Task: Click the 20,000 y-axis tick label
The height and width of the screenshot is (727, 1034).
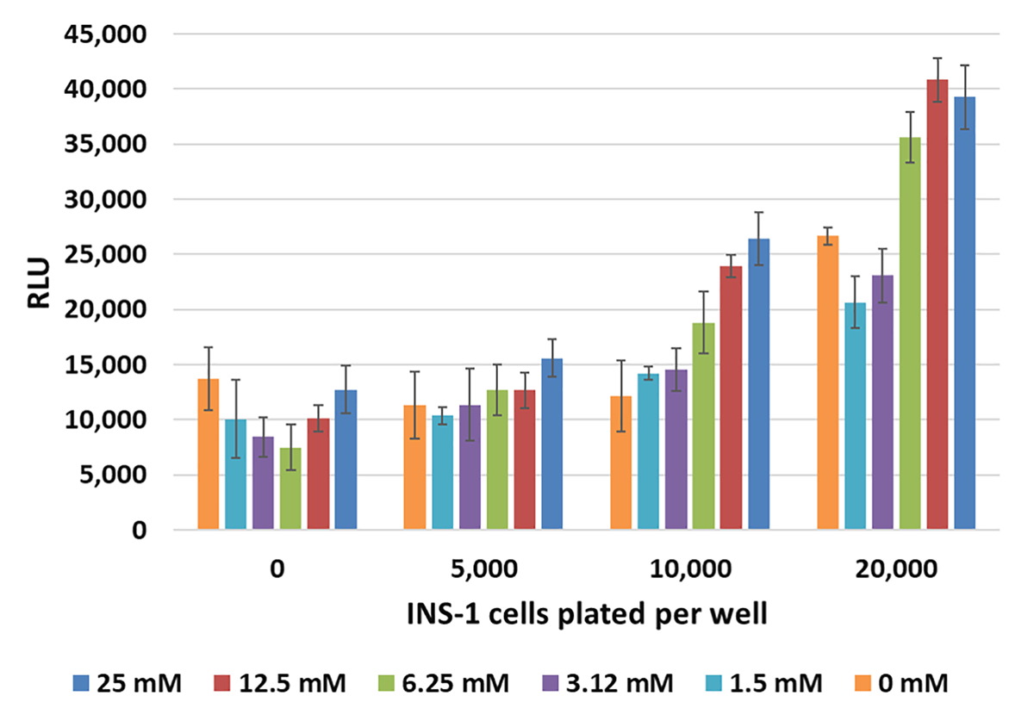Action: pyautogui.click(x=102, y=309)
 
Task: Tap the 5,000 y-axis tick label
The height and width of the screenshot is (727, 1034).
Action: pyautogui.click(x=109, y=475)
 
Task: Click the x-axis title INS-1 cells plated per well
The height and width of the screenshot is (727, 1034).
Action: pyautogui.click(x=586, y=615)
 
